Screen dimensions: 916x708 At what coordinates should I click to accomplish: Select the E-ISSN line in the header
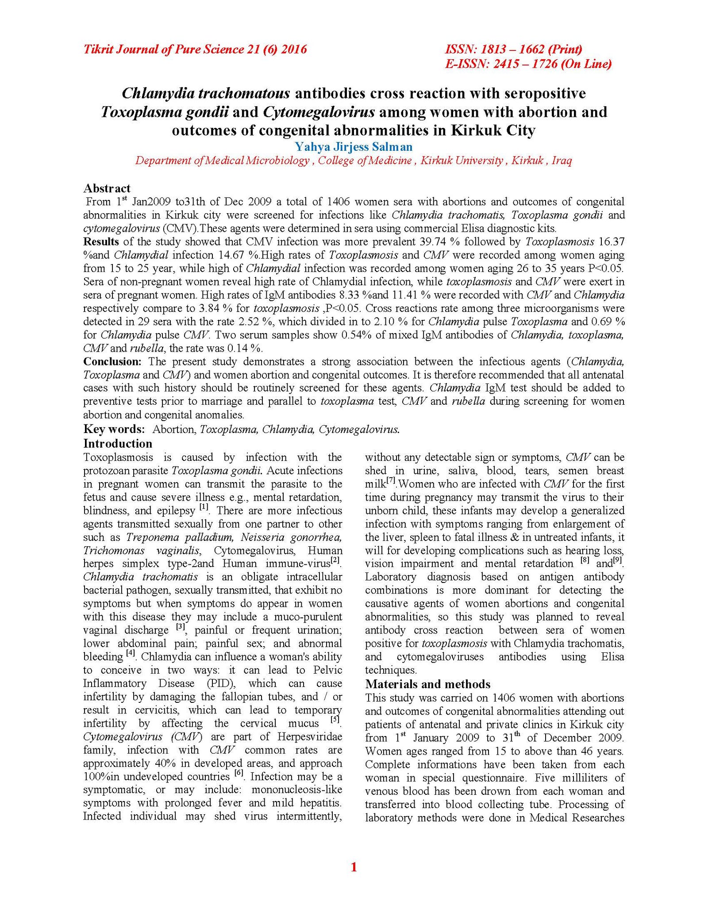click(x=528, y=64)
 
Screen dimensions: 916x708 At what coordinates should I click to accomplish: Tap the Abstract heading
click(x=107, y=188)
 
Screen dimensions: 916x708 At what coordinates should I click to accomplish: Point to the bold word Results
click(x=101, y=242)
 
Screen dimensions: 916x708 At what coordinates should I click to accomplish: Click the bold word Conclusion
click(x=112, y=361)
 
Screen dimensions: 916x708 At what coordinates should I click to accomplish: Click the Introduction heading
click(x=118, y=444)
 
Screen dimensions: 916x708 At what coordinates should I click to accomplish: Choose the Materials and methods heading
click(x=427, y=684)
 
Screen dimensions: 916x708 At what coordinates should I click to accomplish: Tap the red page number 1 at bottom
click(x=354, y=880)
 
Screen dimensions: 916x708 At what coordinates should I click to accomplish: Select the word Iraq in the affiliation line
click(x=562, y=161)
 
